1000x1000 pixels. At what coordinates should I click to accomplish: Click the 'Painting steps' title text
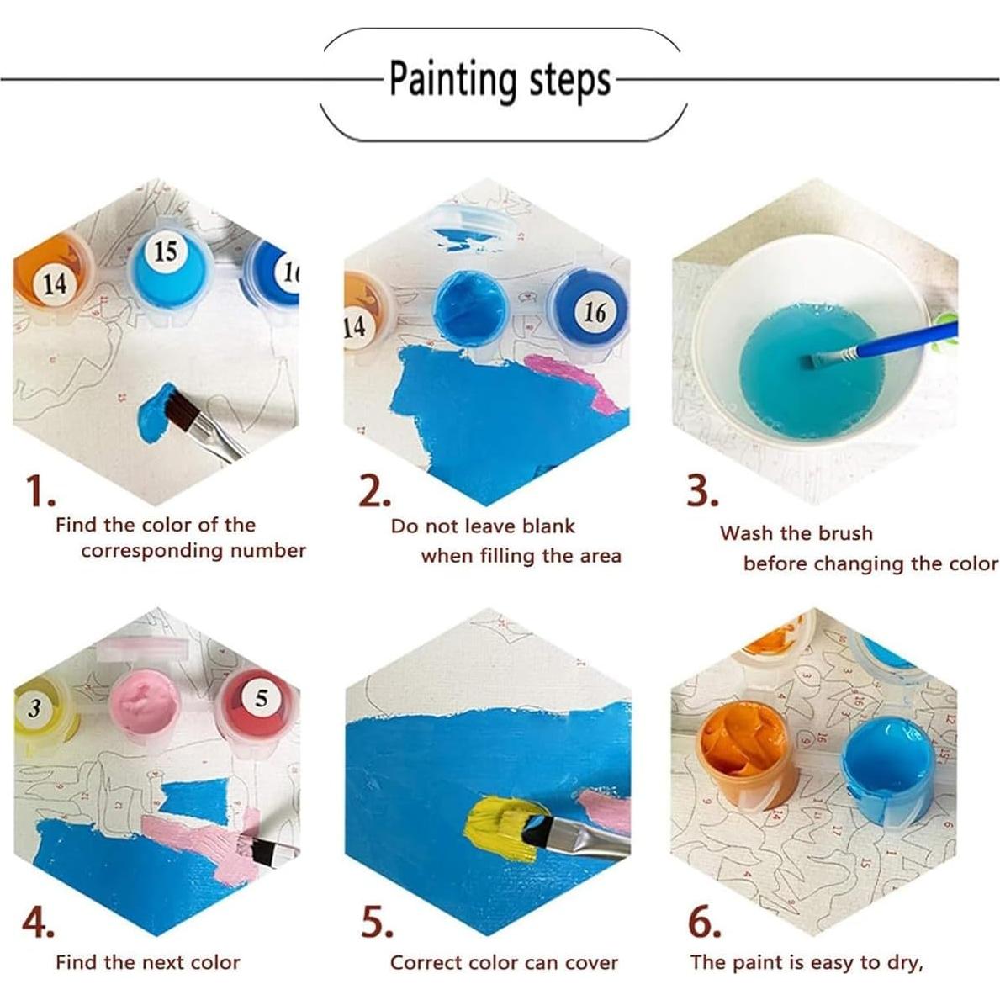pyautogui.click(x=500, y=81)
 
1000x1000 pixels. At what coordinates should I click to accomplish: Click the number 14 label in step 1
pyautogui.click(x=55, y=284)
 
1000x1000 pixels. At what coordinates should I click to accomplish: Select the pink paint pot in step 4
pyautogui.click(x=147, y=703)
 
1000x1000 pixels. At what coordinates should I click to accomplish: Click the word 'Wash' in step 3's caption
pyautogui.click(x=747, y=533)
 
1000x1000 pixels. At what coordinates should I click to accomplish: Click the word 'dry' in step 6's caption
pyautogui.click(x=902, y=963)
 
